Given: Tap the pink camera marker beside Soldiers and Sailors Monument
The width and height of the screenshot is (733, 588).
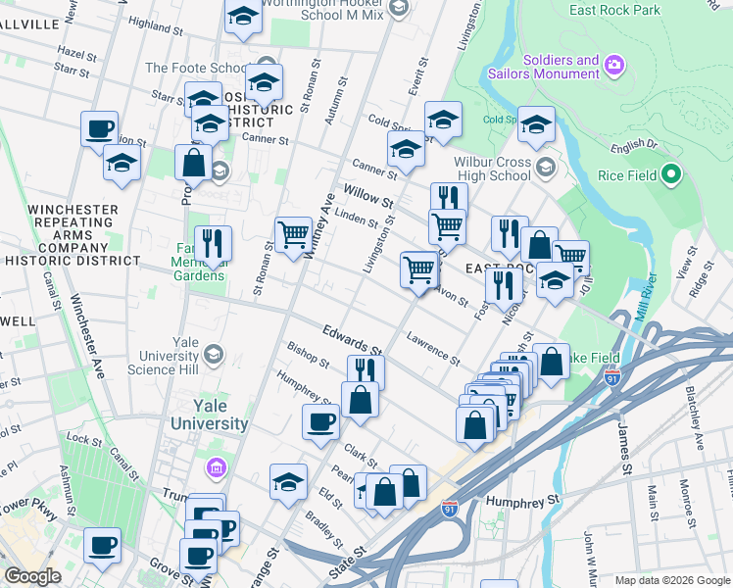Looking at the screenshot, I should pyautogui.click(x=614, y=67).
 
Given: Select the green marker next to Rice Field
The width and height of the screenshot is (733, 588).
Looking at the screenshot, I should pyautogui.click(x=670, y=175).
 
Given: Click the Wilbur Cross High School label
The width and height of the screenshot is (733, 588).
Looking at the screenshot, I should pyautogui.click(x=491, y=168).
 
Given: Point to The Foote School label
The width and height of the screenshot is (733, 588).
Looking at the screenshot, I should pyautogui.click(x=196, y=68).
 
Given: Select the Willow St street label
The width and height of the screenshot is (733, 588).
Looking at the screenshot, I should pyautogui.click(x=367, y=194).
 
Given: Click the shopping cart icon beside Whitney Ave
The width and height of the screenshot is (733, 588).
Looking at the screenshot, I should pyautogui.click(x=293, y=234).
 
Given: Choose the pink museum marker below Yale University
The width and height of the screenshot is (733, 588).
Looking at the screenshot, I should pyautogui.click(x=218, y=468).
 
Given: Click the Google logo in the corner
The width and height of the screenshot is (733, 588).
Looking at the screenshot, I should pyautogui.click(x=33, y=576).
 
